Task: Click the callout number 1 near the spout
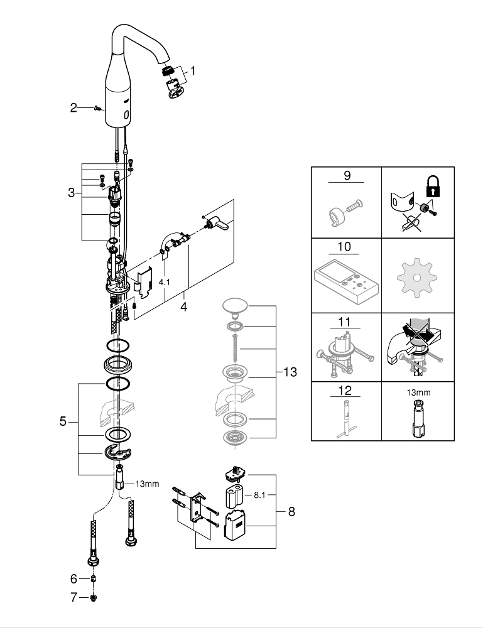[193, 71]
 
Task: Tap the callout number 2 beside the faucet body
[73, 108]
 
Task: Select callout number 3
[72, 193]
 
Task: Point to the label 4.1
[165, 283]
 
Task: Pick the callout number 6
[73, 578]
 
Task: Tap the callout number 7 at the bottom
[73, 597]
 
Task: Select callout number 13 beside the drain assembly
[290, 372]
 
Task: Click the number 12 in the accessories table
[345, 390]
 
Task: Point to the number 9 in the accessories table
[347, 175]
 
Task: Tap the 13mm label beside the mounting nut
[147, 484]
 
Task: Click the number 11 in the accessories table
[345, 323]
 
